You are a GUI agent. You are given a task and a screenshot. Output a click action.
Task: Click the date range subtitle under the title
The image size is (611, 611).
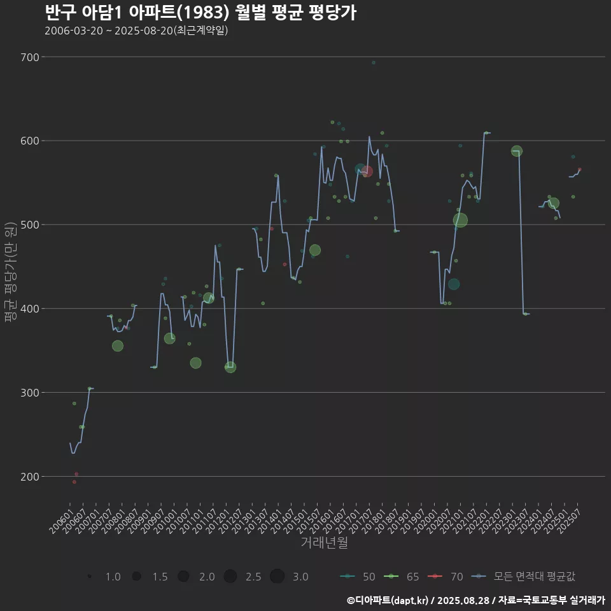click(136, 31)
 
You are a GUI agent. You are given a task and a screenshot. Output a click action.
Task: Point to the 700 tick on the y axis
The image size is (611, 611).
click(29, 57)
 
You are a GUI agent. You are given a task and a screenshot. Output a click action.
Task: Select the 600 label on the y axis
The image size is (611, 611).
click(29, 141)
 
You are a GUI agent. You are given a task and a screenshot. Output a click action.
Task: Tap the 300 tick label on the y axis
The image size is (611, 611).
click(29, 393)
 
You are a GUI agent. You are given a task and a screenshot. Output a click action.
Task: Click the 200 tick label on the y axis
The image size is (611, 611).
click(29, 477)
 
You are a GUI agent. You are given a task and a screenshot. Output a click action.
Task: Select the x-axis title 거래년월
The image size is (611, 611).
click(324, 543)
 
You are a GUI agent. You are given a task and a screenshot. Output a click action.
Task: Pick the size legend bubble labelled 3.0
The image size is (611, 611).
click(277, 577)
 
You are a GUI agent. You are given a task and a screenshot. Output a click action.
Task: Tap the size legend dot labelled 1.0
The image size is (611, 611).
click(90, 577)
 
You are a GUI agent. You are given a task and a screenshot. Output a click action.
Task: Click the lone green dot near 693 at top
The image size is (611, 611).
click(374, 62)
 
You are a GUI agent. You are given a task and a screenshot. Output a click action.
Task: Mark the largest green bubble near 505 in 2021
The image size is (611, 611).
click(460, 220)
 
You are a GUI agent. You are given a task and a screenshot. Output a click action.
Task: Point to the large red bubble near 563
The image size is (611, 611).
click(367, 171)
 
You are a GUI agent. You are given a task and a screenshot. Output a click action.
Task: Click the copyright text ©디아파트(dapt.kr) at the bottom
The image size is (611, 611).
click(388, 600)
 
